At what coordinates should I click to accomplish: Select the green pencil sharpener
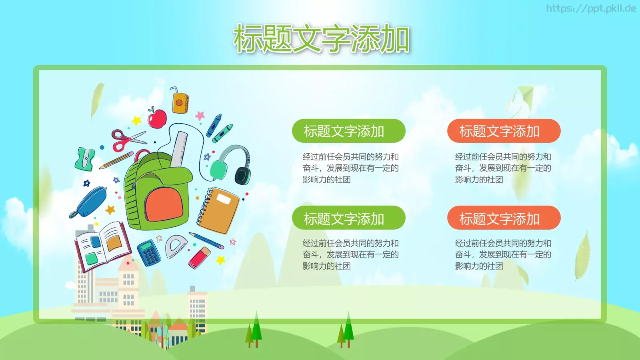(x=85, y=158)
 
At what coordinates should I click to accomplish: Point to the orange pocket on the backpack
(x=164, y=204)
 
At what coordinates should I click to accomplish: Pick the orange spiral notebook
(x=218, y=210)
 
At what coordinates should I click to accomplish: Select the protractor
(x=176, y=246)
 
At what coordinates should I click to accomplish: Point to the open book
(x=103, y=244)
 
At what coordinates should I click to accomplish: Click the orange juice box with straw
(x=180, y=102)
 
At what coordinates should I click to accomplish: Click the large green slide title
(x=321, y=39)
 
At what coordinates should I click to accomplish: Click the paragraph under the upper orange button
(x=503, y=168)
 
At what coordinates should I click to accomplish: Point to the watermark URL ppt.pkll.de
(x=591, y=8)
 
